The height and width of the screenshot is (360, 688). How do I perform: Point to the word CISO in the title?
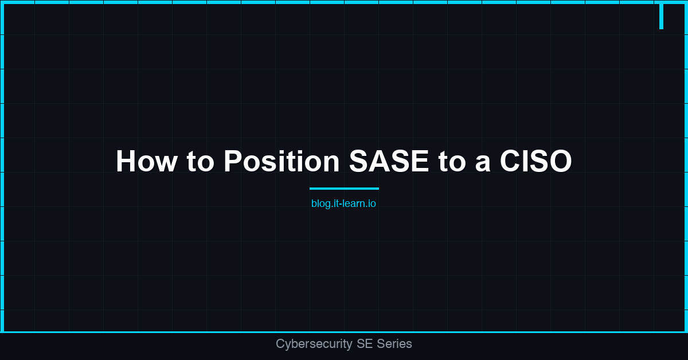pos(535,162)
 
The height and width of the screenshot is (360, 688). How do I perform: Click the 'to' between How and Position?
pos(200,162)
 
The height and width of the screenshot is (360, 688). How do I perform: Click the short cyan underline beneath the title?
pos(344,188)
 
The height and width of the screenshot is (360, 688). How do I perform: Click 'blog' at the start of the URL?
pos(320,204)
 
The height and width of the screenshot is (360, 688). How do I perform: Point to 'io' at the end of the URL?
pos(372,204)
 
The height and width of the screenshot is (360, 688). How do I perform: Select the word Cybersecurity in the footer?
pos(314,344)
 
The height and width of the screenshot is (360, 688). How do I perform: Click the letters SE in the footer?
pos(364,344)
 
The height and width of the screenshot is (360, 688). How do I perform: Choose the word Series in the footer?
pos(394,344)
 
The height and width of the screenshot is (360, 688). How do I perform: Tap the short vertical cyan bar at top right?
pos(661,15)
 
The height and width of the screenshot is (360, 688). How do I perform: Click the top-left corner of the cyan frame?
pos(2,2)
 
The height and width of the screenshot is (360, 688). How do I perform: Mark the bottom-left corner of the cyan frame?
pos(2,331)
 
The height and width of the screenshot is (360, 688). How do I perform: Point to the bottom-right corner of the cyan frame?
pos(686,331)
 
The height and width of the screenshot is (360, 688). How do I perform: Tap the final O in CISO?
pos(560,162)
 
